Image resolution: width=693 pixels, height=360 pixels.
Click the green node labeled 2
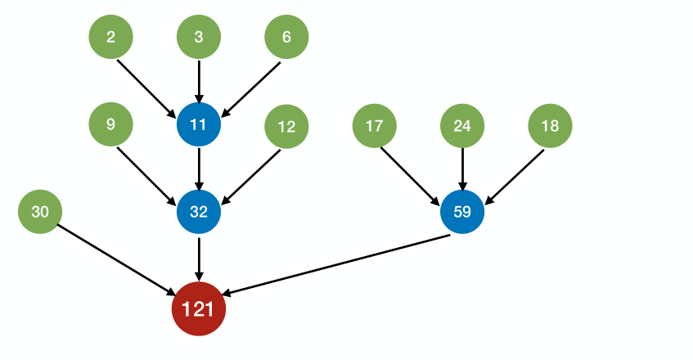[x=110, y=38]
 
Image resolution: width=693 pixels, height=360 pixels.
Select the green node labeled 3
[x=199, y=38]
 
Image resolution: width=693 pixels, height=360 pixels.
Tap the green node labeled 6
[x=286, y=38]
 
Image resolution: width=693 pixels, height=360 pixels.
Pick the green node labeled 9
[x=110, y=125]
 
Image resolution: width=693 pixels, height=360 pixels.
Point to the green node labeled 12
[x=286, y=126]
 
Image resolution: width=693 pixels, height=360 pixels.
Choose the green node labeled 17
[x=374, y=126]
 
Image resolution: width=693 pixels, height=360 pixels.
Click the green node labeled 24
[x=462, y=126]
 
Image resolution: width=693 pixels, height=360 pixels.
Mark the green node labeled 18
[x=550, y=126]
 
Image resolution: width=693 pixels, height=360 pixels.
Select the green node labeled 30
[x=40, y=212]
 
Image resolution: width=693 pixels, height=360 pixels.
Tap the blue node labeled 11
[x=199, y=125]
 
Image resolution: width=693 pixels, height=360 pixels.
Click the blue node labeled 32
[x=199, y=212]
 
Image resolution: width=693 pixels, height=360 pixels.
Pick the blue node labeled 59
[x=462, y=212]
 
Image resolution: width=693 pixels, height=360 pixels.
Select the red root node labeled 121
[x=198, y=309]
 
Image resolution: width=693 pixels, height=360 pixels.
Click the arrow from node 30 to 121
[x=115, y=258]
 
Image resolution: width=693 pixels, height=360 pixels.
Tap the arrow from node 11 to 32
[x=199, y=169]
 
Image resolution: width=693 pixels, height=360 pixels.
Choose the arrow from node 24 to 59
[x=462, y=169]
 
